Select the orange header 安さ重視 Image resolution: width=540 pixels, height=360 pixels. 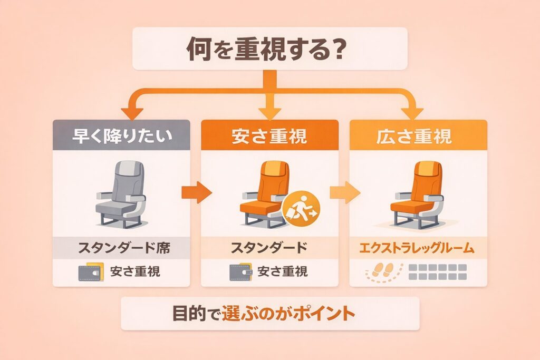(x=269, y=137)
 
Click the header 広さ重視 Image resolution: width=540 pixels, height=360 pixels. (x=418, y=137)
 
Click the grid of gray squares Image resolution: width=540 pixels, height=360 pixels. (x=438, y=272)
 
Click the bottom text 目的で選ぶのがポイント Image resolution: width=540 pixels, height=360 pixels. (x=269, y=314)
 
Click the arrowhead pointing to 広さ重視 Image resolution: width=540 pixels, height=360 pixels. (x=411, y=112)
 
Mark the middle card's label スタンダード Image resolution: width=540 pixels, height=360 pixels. (x=269, y=247)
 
